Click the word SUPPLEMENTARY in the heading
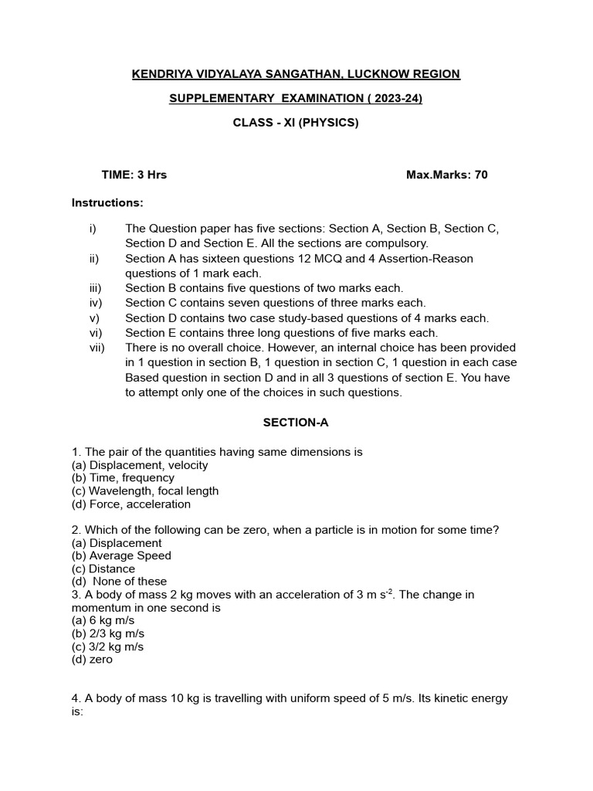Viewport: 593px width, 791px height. [220, 98]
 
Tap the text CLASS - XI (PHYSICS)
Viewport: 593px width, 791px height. [296, 123]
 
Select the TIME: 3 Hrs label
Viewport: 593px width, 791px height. [134, 175]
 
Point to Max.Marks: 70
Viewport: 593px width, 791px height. [446, 175]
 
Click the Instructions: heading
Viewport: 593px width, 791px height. [107, 203]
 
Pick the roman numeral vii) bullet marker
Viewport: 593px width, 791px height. [97, 348]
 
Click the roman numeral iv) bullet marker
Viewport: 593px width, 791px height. [96, 303]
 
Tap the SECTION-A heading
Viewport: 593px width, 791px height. [296, 423]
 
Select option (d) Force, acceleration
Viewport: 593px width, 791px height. [130, 504]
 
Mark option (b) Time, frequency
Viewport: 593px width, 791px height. [123, 478]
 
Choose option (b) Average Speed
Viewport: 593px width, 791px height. [121, 556]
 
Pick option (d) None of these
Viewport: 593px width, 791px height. [119, 582]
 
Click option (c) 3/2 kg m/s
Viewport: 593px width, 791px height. [107, 647]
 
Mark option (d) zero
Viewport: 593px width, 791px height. [92, 660]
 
